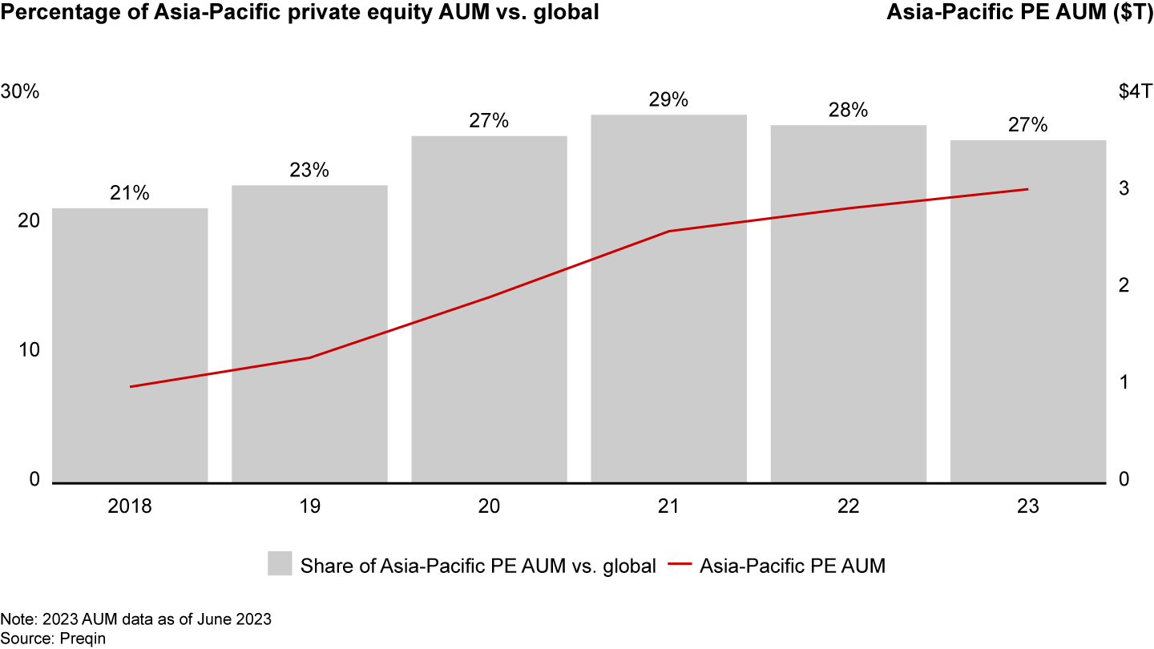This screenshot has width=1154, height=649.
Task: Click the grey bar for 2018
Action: (x=130, y=345)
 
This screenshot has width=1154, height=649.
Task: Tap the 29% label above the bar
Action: (x=668, y=100)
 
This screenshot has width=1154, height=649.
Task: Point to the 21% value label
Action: (x=130, y=194)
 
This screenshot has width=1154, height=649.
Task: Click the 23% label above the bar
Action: (x=309, y=171)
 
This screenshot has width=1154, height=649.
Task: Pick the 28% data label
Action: (x=848, y=111)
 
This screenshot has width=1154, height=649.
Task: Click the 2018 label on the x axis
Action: (x=130, y=506)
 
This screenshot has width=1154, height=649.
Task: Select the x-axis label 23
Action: (x=1028, y=506)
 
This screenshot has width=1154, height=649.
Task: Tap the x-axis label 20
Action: (x=489, y=506)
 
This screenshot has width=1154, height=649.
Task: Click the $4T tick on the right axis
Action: (x=1134, y=91)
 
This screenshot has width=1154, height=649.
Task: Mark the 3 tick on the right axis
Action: (x=1124, y=188)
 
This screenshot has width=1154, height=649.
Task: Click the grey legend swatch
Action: (x=280, y=564)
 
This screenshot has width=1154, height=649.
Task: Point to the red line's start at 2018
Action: (x=130, y=387)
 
